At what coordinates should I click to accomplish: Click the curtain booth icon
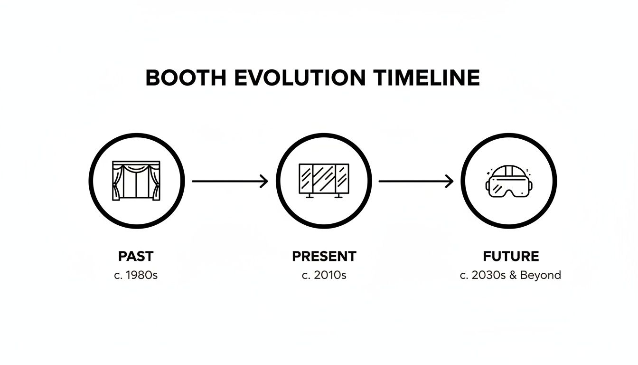[136, 180]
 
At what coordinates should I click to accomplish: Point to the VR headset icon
[509, 181]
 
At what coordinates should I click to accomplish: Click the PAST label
[136, 257]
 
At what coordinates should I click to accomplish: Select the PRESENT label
[324, 257]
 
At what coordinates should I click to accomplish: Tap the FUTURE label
[511, 257]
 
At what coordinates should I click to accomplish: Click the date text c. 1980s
[136, 275]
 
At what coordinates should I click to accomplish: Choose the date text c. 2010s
[324, 275]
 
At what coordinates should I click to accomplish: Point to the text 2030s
[490, 275]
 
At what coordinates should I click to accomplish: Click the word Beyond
[541, 275]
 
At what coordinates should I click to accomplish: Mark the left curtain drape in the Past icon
[118, 182]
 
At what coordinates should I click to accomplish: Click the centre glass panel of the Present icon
[324, 178]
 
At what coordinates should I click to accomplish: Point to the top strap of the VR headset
[509, 170]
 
